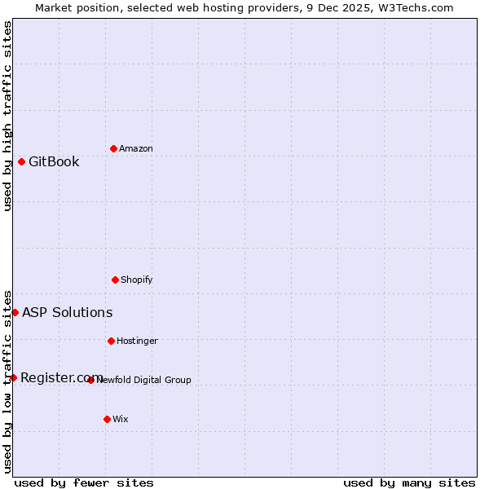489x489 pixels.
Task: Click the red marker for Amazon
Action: click(x=114, y=148)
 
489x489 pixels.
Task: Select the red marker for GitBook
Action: click(x=21, y=161)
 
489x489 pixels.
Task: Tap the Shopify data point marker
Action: click(x=115, y=280)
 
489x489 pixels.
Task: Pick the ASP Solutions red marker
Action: click(x=15, y=312)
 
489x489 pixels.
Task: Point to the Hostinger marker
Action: click(x=111, y=341)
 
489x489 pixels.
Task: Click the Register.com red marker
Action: click(x=13, y=377)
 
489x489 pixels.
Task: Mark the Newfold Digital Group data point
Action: click(x=90, y=380)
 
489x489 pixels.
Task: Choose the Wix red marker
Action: click(x=107, y=419)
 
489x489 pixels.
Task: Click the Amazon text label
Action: click(x=136, y=148)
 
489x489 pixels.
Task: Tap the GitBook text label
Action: click(x=54, y=161)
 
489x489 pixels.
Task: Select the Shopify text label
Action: click(x=137, y=280)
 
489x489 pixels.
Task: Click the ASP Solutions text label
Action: click(x=67, y=312)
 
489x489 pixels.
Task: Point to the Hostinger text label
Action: click(x=137, y=341)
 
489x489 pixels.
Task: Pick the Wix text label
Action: click(x=121, y=419)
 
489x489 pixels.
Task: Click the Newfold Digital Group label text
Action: click(x=144, y=380)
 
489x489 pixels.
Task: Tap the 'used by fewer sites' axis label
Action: click(x=84, y=482)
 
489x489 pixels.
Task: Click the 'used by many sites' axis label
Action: click(x=409, y=482)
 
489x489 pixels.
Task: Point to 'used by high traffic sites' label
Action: click(x=7, y=116)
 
